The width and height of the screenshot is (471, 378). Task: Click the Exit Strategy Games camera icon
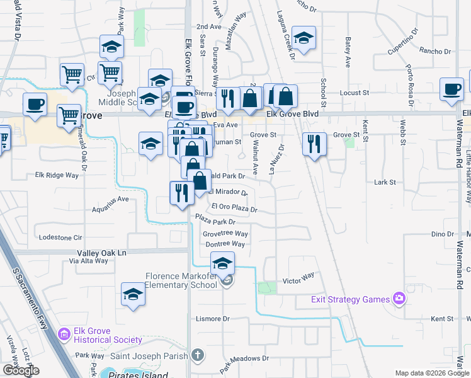(x=399, y=298)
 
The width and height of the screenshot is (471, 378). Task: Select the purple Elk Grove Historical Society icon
(x=64, y=333)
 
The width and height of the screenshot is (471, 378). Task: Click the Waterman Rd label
(x=460, y=265)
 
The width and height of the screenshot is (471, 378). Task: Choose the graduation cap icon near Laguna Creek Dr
(x=304, y=39)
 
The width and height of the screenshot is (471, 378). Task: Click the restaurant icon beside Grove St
(x=313, y=144)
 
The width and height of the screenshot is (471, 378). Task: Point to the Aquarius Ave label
(x=110, y=198)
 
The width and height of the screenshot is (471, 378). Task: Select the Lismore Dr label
(x=214, y=319)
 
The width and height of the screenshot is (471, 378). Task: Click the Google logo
(x=20, y=370)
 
